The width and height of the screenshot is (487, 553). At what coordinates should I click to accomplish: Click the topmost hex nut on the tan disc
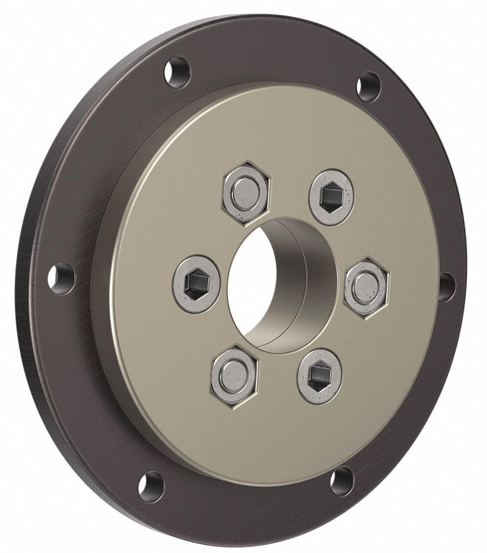(245, 189)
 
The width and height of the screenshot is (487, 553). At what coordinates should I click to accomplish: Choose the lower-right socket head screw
(319, 377)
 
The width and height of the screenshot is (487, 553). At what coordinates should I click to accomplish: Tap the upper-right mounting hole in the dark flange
(369, 87)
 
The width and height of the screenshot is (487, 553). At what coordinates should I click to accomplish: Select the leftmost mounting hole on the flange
(62, 278)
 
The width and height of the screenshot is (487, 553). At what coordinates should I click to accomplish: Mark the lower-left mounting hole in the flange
(150, 484)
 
